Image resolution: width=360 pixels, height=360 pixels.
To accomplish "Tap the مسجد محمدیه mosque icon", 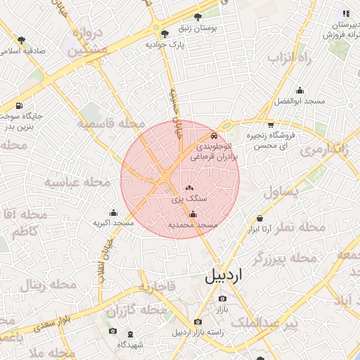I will pyautogui.click(x=193, y=214).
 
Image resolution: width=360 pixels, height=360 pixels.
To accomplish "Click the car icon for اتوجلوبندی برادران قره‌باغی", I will pyautogui.click(x=214, y=136).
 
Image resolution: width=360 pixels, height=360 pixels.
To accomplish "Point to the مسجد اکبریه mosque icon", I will pyautogui.click(x=113, y=212).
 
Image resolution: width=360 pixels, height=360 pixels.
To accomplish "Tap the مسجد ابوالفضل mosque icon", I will pyautogui.click(x=300, y=90).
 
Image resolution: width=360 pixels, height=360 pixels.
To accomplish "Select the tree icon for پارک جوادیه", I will pyautogui.click(x=165, y=33).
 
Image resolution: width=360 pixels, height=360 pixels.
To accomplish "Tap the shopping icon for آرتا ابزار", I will pyautogui.click(x=260, y=218).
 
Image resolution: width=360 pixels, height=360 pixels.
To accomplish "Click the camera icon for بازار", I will pyautogui.click(x=222, y=299).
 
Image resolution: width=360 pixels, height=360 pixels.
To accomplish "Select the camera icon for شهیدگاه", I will pyautogui.click(x=112, y=331).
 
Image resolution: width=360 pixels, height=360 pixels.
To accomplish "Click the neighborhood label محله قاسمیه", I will pyautogui.click(x=105, y=124).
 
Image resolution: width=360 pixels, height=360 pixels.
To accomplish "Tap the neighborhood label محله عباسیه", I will pyautogui.click(x=78, y=182).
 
